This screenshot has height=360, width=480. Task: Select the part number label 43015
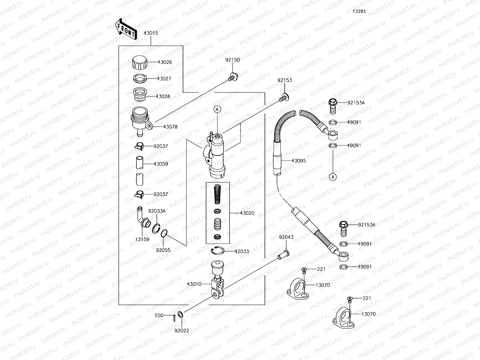(x=151, y=33)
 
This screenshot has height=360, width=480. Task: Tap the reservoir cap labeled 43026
(x=140, y=62)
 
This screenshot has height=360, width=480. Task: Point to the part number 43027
(x=164, y=79)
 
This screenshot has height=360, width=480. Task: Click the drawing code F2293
(x=359, y=11)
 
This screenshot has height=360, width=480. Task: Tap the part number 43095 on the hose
(x=298, y=161)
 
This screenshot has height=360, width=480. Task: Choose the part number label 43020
(x=247, y=213)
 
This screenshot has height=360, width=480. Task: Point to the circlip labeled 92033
(x=217, y=251)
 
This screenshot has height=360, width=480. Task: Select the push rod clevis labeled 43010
(x=218, y=283)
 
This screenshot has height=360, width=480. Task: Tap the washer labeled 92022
(x=180, y=315)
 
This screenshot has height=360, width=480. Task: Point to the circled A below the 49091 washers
(x=333, y=177)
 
